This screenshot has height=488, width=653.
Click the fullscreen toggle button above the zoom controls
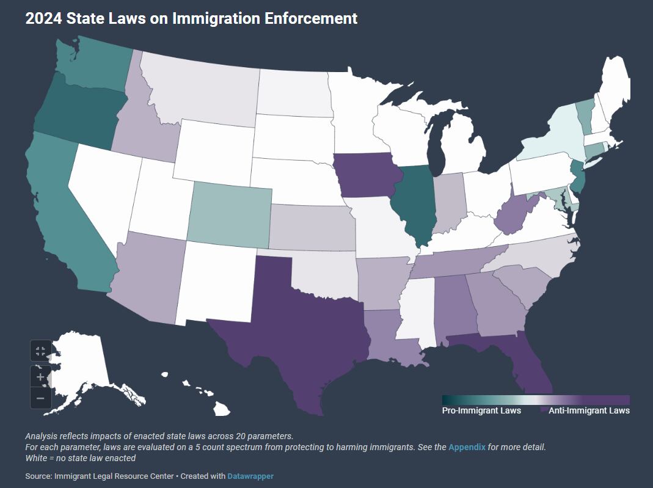pyautogui.click(x=40, y=351)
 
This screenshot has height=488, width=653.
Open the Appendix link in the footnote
pyautogui.click(x=467, y=447)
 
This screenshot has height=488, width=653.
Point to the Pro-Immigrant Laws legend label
pyautogui.click(x=481, y=410)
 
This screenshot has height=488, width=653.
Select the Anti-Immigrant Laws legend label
pyautogui.click(x=589, y=410)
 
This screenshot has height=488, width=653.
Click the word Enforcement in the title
pyautogui.click(x=311, y=18)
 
